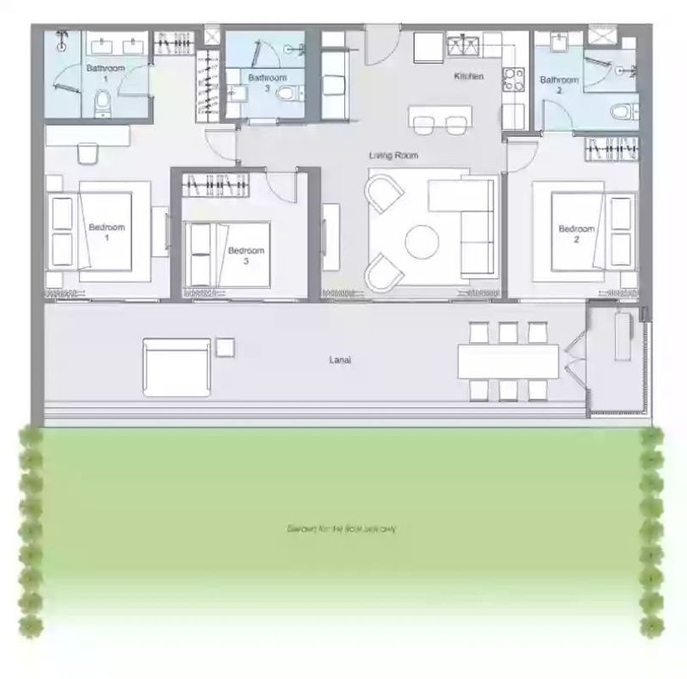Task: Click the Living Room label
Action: click(394, 155)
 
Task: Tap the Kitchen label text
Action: click(468, 76)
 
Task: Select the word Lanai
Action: click(340, 360)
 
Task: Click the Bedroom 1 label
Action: click(107, 233)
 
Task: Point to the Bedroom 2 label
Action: click(576, 233)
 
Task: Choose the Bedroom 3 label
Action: click(246, 255)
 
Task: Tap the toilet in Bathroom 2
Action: click(622, 111)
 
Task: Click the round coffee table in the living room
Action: click(422, 242)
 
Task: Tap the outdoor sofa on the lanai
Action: click(176, 367)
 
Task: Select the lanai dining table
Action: click(508, 361)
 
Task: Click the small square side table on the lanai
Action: click(225, 347)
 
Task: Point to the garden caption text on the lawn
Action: click(342, 529)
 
